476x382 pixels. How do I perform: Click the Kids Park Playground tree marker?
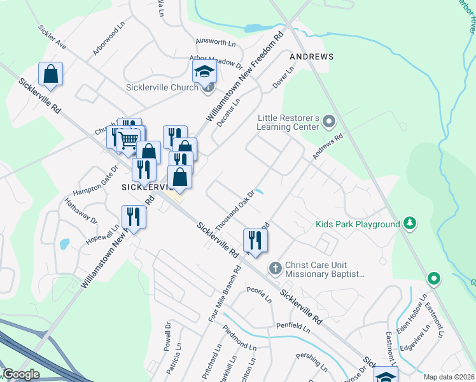point(411,223)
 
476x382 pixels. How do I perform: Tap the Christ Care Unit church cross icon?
point(275,268)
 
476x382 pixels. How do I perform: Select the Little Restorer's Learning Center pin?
point(328,120)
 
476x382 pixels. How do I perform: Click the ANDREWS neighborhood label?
point(312,57)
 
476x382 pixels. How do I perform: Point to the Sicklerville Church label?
point(162,87)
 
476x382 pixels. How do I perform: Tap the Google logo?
point(20,374)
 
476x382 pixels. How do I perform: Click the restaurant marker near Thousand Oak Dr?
point(255,241)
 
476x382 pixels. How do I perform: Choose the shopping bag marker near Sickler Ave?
point(50,74)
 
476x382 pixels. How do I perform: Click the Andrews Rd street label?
point(328,146)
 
